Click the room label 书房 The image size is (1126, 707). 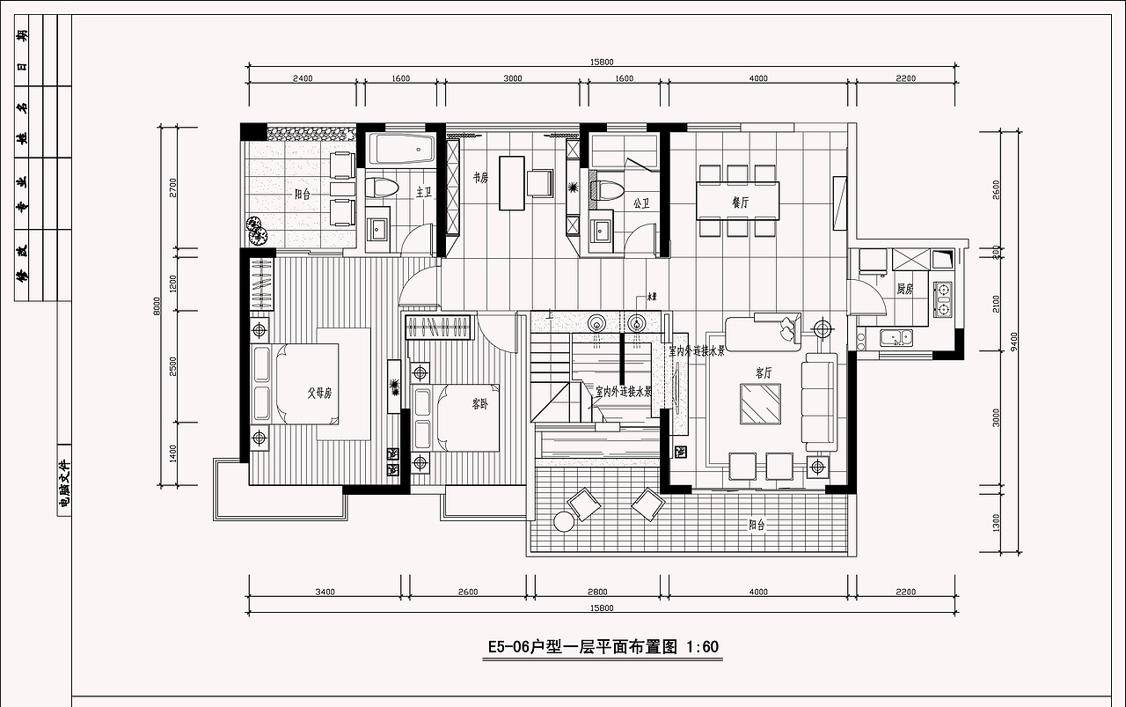click(480, 177)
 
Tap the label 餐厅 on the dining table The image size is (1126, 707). click(740, 202)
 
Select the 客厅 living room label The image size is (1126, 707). click(763, 372)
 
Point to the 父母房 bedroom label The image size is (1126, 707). click(318, 394)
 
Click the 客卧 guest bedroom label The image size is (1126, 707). click(479, 404)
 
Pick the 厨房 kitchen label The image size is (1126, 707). click(904, 289)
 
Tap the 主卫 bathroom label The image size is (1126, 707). click(424, 190)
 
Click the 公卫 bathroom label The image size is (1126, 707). click(640, 203)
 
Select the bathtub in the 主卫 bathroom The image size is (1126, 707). click(401, 149)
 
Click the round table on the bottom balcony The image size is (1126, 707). click(563, 523)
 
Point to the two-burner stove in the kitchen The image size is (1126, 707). click(943, 299)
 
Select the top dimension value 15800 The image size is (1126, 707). click(602, 62)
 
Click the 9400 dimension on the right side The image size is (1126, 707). click(1014, 342)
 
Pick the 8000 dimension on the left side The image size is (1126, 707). click(157, 306)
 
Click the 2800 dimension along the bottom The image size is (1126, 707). click(597, 592)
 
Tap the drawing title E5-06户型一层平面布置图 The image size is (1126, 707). click(581, 647)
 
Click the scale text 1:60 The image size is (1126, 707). click(701, 647)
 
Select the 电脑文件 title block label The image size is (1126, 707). click(63, 486)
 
